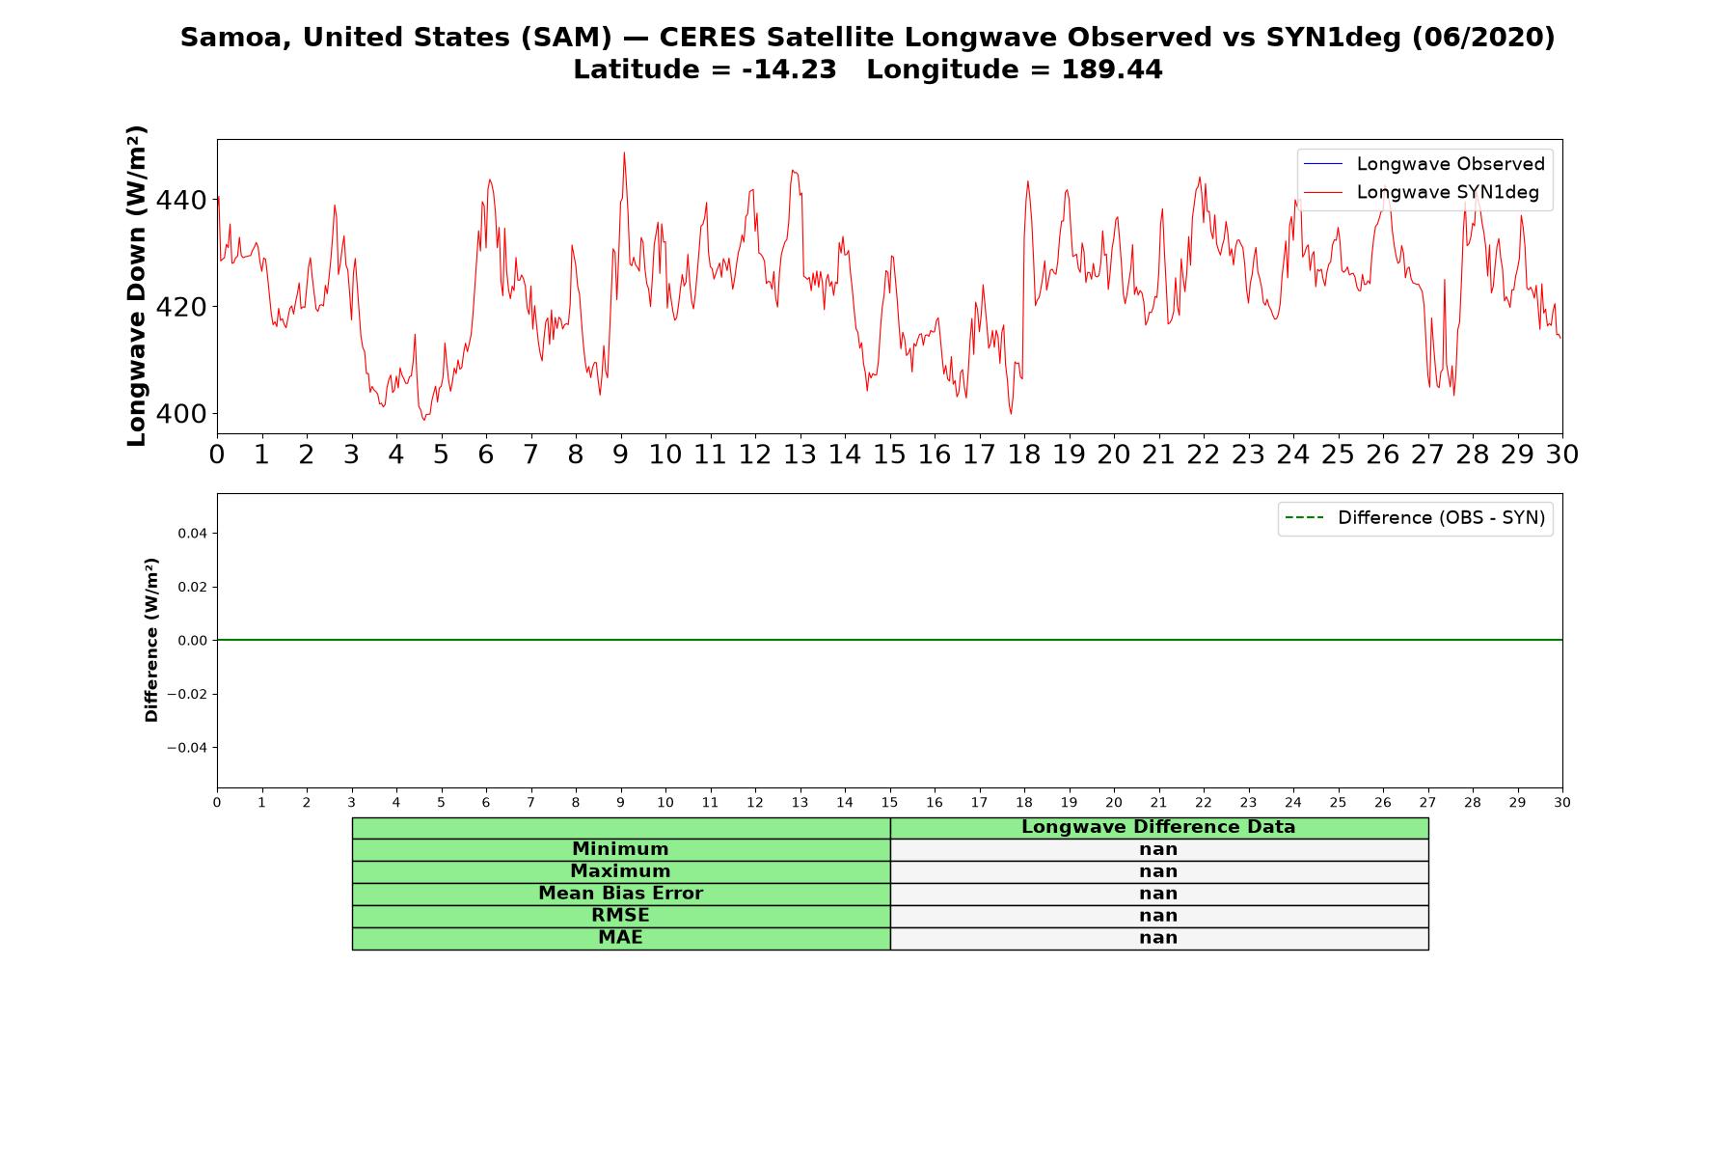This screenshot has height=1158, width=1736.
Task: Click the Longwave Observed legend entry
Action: point(1424,164)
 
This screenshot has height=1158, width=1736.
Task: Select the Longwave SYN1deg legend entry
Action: point(1422,192)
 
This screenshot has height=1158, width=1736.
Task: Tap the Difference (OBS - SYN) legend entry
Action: point(1415,518)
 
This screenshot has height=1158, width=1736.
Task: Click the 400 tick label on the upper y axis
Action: point(181,414)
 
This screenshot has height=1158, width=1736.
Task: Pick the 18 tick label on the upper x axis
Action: point(1024,455)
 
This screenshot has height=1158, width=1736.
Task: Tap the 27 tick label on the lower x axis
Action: point(1427,803)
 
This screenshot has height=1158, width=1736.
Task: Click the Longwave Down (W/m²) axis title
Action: point(137,286)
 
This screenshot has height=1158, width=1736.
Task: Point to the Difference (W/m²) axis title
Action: point(151,640)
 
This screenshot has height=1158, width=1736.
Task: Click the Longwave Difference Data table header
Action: point(1158,828)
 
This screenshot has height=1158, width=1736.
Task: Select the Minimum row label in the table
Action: point(620,849)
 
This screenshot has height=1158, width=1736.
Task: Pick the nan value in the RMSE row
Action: point(1158,916)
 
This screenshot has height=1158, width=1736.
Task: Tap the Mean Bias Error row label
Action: point(620,894)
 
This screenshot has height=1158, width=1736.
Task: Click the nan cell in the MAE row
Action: point(1158,938)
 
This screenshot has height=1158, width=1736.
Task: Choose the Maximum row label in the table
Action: point(620,871)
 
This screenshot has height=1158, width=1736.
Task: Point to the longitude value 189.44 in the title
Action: point(1112,70)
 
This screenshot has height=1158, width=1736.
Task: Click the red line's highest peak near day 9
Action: point(624,152)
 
